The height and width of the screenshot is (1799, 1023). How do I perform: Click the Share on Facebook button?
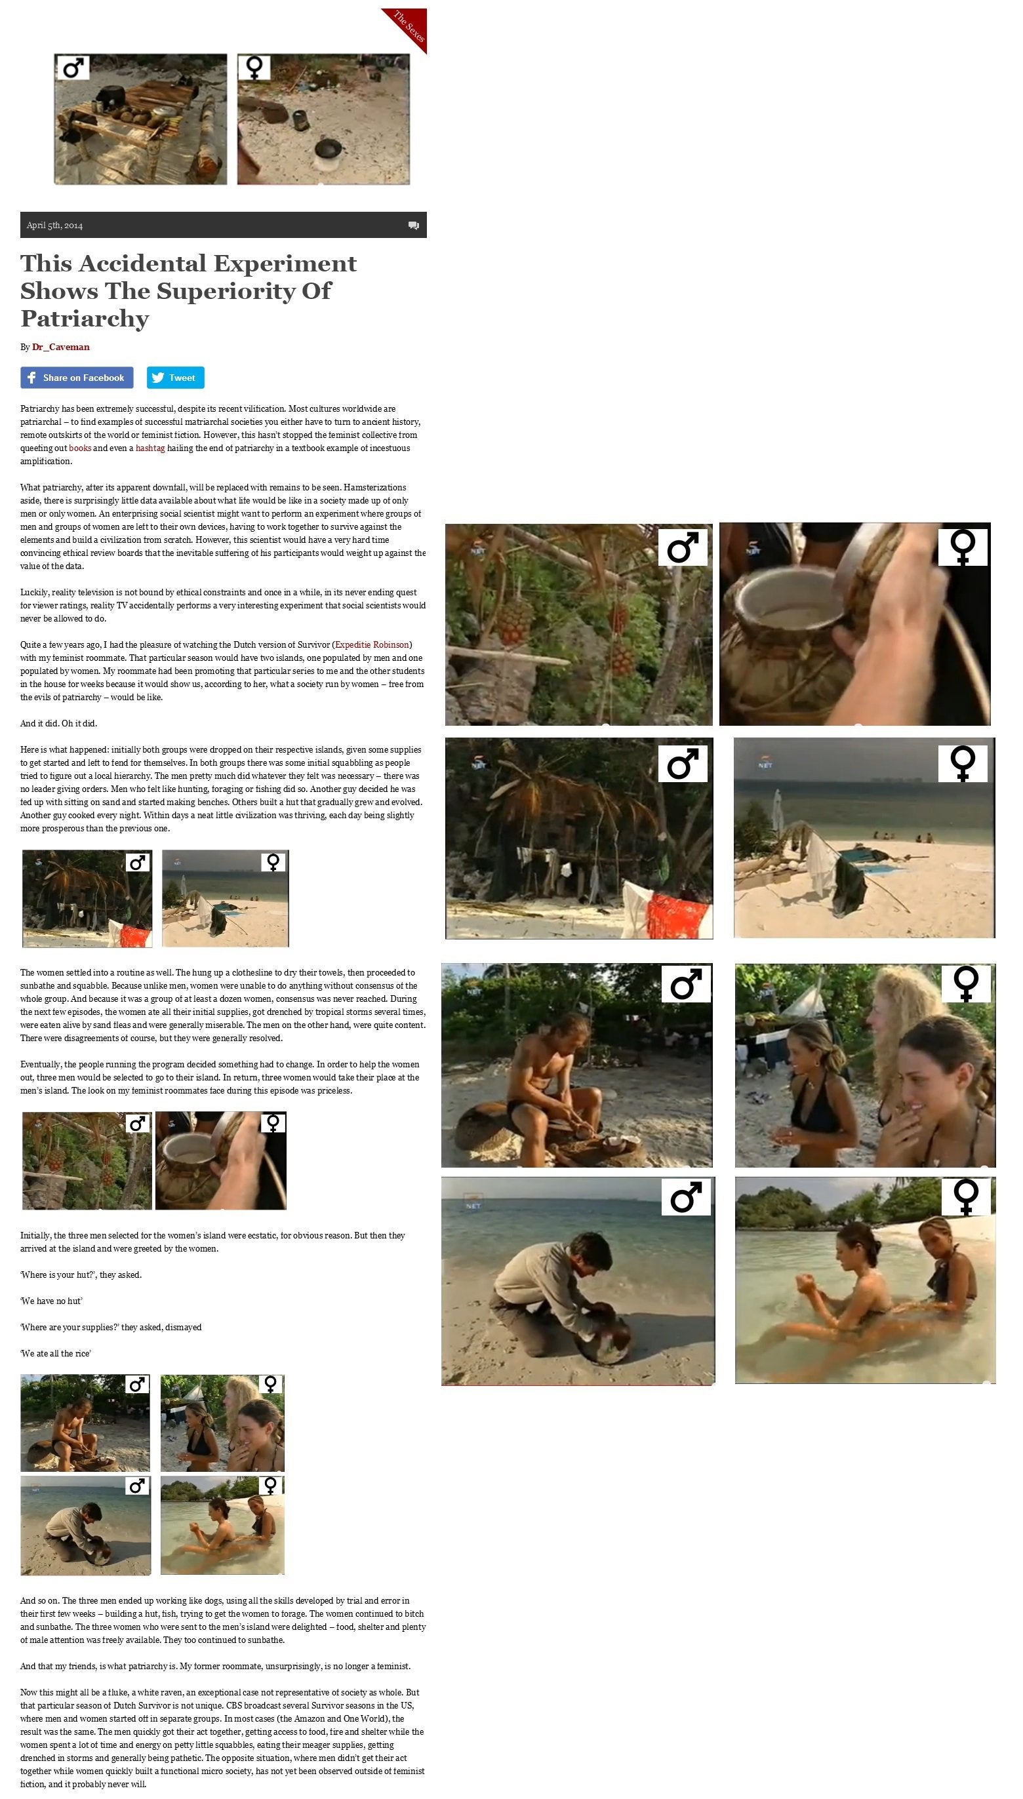click(77, 377)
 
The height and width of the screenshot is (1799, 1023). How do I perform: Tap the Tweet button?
click(176, 377)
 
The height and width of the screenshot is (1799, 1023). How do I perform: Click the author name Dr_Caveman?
click(60, 347)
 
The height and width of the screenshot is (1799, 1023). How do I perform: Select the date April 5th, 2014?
click(55, 226)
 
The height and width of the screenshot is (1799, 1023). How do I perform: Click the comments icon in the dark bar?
click(414, 226)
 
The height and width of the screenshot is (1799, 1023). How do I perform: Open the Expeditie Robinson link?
click(372, 645)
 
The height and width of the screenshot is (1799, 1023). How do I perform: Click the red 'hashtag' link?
click(150, 448)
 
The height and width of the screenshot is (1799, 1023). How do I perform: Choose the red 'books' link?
click(80, 448)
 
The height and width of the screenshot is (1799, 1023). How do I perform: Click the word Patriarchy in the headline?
click(85, 318)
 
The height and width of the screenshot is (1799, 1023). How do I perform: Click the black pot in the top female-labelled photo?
click(327, 148)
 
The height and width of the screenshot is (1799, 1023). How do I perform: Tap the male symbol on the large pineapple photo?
click(682, 547)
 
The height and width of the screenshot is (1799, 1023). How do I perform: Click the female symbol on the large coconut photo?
click(963, 547)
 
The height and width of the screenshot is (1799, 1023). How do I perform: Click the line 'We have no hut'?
click(51, 1301)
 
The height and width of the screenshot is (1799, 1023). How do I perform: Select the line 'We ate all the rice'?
click(56, 1354)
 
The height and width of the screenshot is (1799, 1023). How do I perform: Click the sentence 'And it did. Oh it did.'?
click(59, 724)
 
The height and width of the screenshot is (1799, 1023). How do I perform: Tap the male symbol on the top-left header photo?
click(72, 68)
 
